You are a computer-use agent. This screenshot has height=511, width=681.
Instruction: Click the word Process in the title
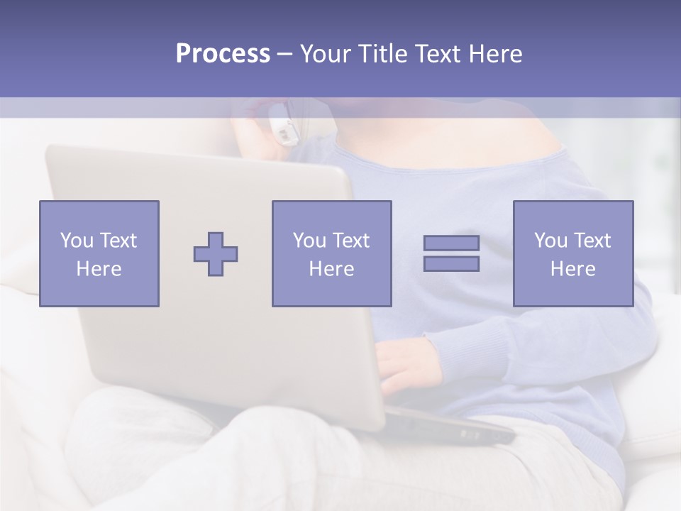[x=223, y=54]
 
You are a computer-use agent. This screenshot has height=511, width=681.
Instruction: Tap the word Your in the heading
[x=326, y=54]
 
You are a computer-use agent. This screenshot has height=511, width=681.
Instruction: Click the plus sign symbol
[x=216, y=254]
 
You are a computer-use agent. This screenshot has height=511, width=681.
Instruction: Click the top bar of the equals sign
[x=451, y=243]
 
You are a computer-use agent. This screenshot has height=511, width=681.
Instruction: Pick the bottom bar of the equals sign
[x=451, y=263]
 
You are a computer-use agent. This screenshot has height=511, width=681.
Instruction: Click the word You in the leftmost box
[x=77, y=241]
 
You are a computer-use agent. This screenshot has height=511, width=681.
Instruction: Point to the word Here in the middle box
[x=331, y=269]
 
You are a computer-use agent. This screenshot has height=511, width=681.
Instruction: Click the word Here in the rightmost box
[x=572, y=269]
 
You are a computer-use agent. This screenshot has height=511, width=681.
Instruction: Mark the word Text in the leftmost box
[x=117, y=241]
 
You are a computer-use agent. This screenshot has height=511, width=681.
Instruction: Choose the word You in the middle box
[x=309, y=241]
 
